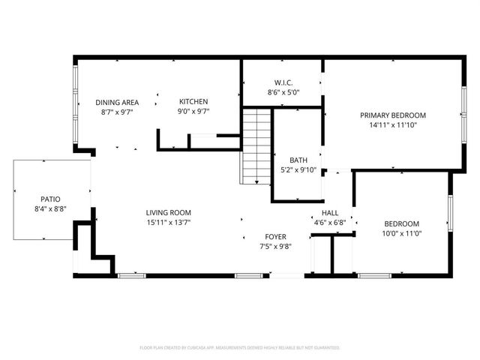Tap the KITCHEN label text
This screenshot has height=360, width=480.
[193, 102]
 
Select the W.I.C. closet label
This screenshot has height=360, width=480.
[283, 82]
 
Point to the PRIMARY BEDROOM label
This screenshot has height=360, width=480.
[393, 115]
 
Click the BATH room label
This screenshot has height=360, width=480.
[298, 160]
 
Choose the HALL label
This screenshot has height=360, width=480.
[328, 212]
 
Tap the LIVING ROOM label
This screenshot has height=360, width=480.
[169, 212]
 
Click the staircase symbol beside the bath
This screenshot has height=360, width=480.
[256, 146]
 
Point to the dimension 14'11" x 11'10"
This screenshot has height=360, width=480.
[393, 125]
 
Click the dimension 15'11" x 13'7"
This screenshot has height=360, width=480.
[169, 223]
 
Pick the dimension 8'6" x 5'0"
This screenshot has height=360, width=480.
[283, 93]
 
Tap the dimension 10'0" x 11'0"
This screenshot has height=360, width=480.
[402, 234]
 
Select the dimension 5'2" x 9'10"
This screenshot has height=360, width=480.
[298, 170]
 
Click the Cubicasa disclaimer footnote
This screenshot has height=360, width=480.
[240, 348]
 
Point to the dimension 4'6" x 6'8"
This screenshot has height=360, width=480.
[328, 222]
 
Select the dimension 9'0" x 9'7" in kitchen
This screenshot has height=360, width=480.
[193, 112]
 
